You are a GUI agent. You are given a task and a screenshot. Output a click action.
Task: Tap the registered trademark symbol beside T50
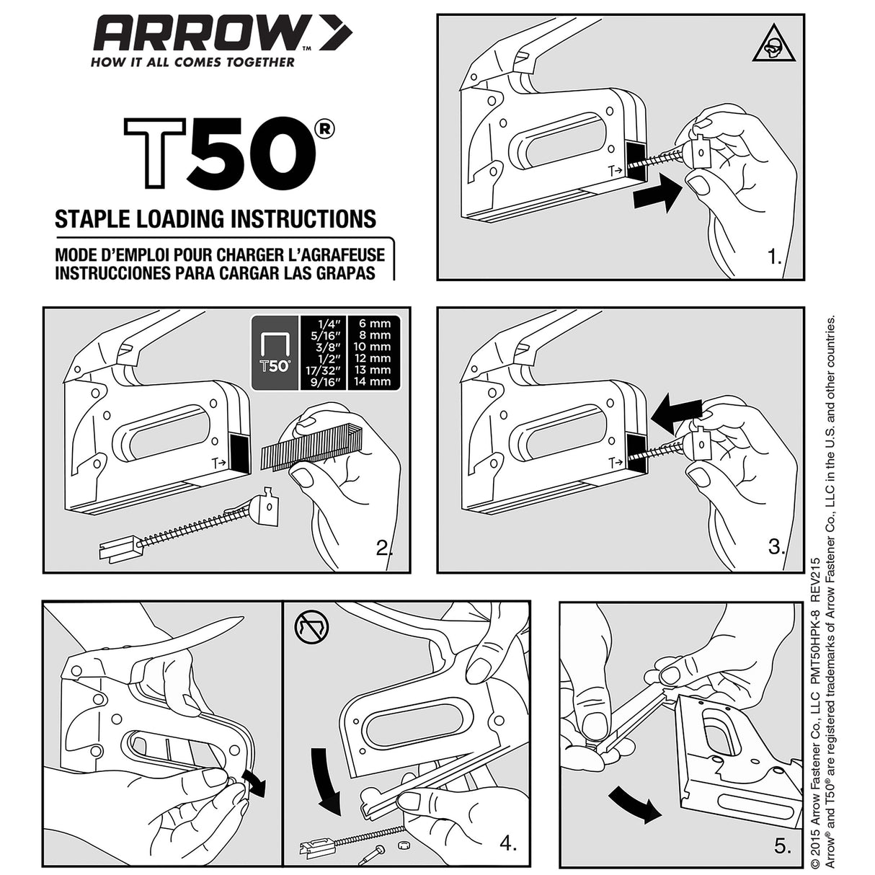click(324, 128)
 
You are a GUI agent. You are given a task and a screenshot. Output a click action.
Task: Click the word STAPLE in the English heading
click(92, 218)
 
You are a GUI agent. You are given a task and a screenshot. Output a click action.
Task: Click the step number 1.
click(774, 257)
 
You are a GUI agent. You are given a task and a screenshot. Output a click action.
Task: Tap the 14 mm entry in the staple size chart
click(371, 381)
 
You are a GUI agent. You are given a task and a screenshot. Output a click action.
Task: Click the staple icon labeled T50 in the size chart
click(274, 351)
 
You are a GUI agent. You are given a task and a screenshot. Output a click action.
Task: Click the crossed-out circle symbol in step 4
click(311, 627)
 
